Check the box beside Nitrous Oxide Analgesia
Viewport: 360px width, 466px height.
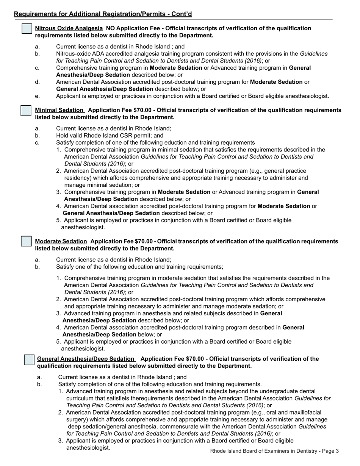(27, 29)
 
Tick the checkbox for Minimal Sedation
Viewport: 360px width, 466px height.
(26, 111)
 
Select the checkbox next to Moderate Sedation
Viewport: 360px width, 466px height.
(26, 241)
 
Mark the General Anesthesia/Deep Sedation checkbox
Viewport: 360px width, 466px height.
(29, 360)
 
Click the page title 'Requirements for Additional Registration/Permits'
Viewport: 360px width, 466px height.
(103, 14)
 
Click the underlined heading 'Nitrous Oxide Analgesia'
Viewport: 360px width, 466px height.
(69, 28)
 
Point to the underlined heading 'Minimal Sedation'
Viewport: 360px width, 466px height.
(59, 110)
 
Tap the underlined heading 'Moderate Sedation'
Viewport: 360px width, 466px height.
(61, 241)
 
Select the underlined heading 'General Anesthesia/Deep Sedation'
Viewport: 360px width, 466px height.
(86, 359)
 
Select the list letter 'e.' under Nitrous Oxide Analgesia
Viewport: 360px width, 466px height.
(37, 96)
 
